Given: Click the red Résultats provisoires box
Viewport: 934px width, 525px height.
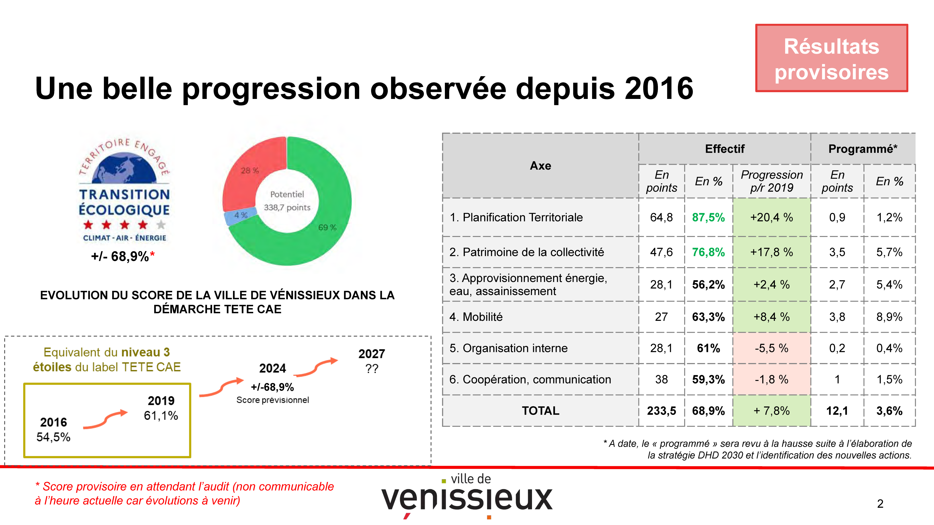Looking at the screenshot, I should coord(831,58).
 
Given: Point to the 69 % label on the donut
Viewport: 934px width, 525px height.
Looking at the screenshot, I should coord(327,227).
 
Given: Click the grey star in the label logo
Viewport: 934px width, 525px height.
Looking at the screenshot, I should coord(161,225).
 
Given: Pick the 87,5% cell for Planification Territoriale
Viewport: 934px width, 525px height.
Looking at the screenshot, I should coord(708,217).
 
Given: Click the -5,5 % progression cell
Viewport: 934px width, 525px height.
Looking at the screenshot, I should coord(772,348).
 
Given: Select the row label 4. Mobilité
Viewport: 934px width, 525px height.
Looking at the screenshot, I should coord(476,317).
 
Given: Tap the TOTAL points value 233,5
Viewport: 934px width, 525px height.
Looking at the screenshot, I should coord(661,411).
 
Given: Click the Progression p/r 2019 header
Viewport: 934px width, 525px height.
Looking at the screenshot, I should coord(772,181).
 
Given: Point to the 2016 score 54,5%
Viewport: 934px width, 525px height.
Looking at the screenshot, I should coord(53,437).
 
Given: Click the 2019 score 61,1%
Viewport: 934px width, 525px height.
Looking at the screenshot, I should coord(161,416).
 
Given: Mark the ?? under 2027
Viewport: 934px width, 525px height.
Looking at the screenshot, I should coord(372,369).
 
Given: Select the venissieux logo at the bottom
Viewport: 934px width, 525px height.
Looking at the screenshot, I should coord(467,496).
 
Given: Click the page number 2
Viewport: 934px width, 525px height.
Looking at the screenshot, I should coord(880,504).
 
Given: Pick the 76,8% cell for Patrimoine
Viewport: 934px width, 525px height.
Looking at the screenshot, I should coord(708,252).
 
